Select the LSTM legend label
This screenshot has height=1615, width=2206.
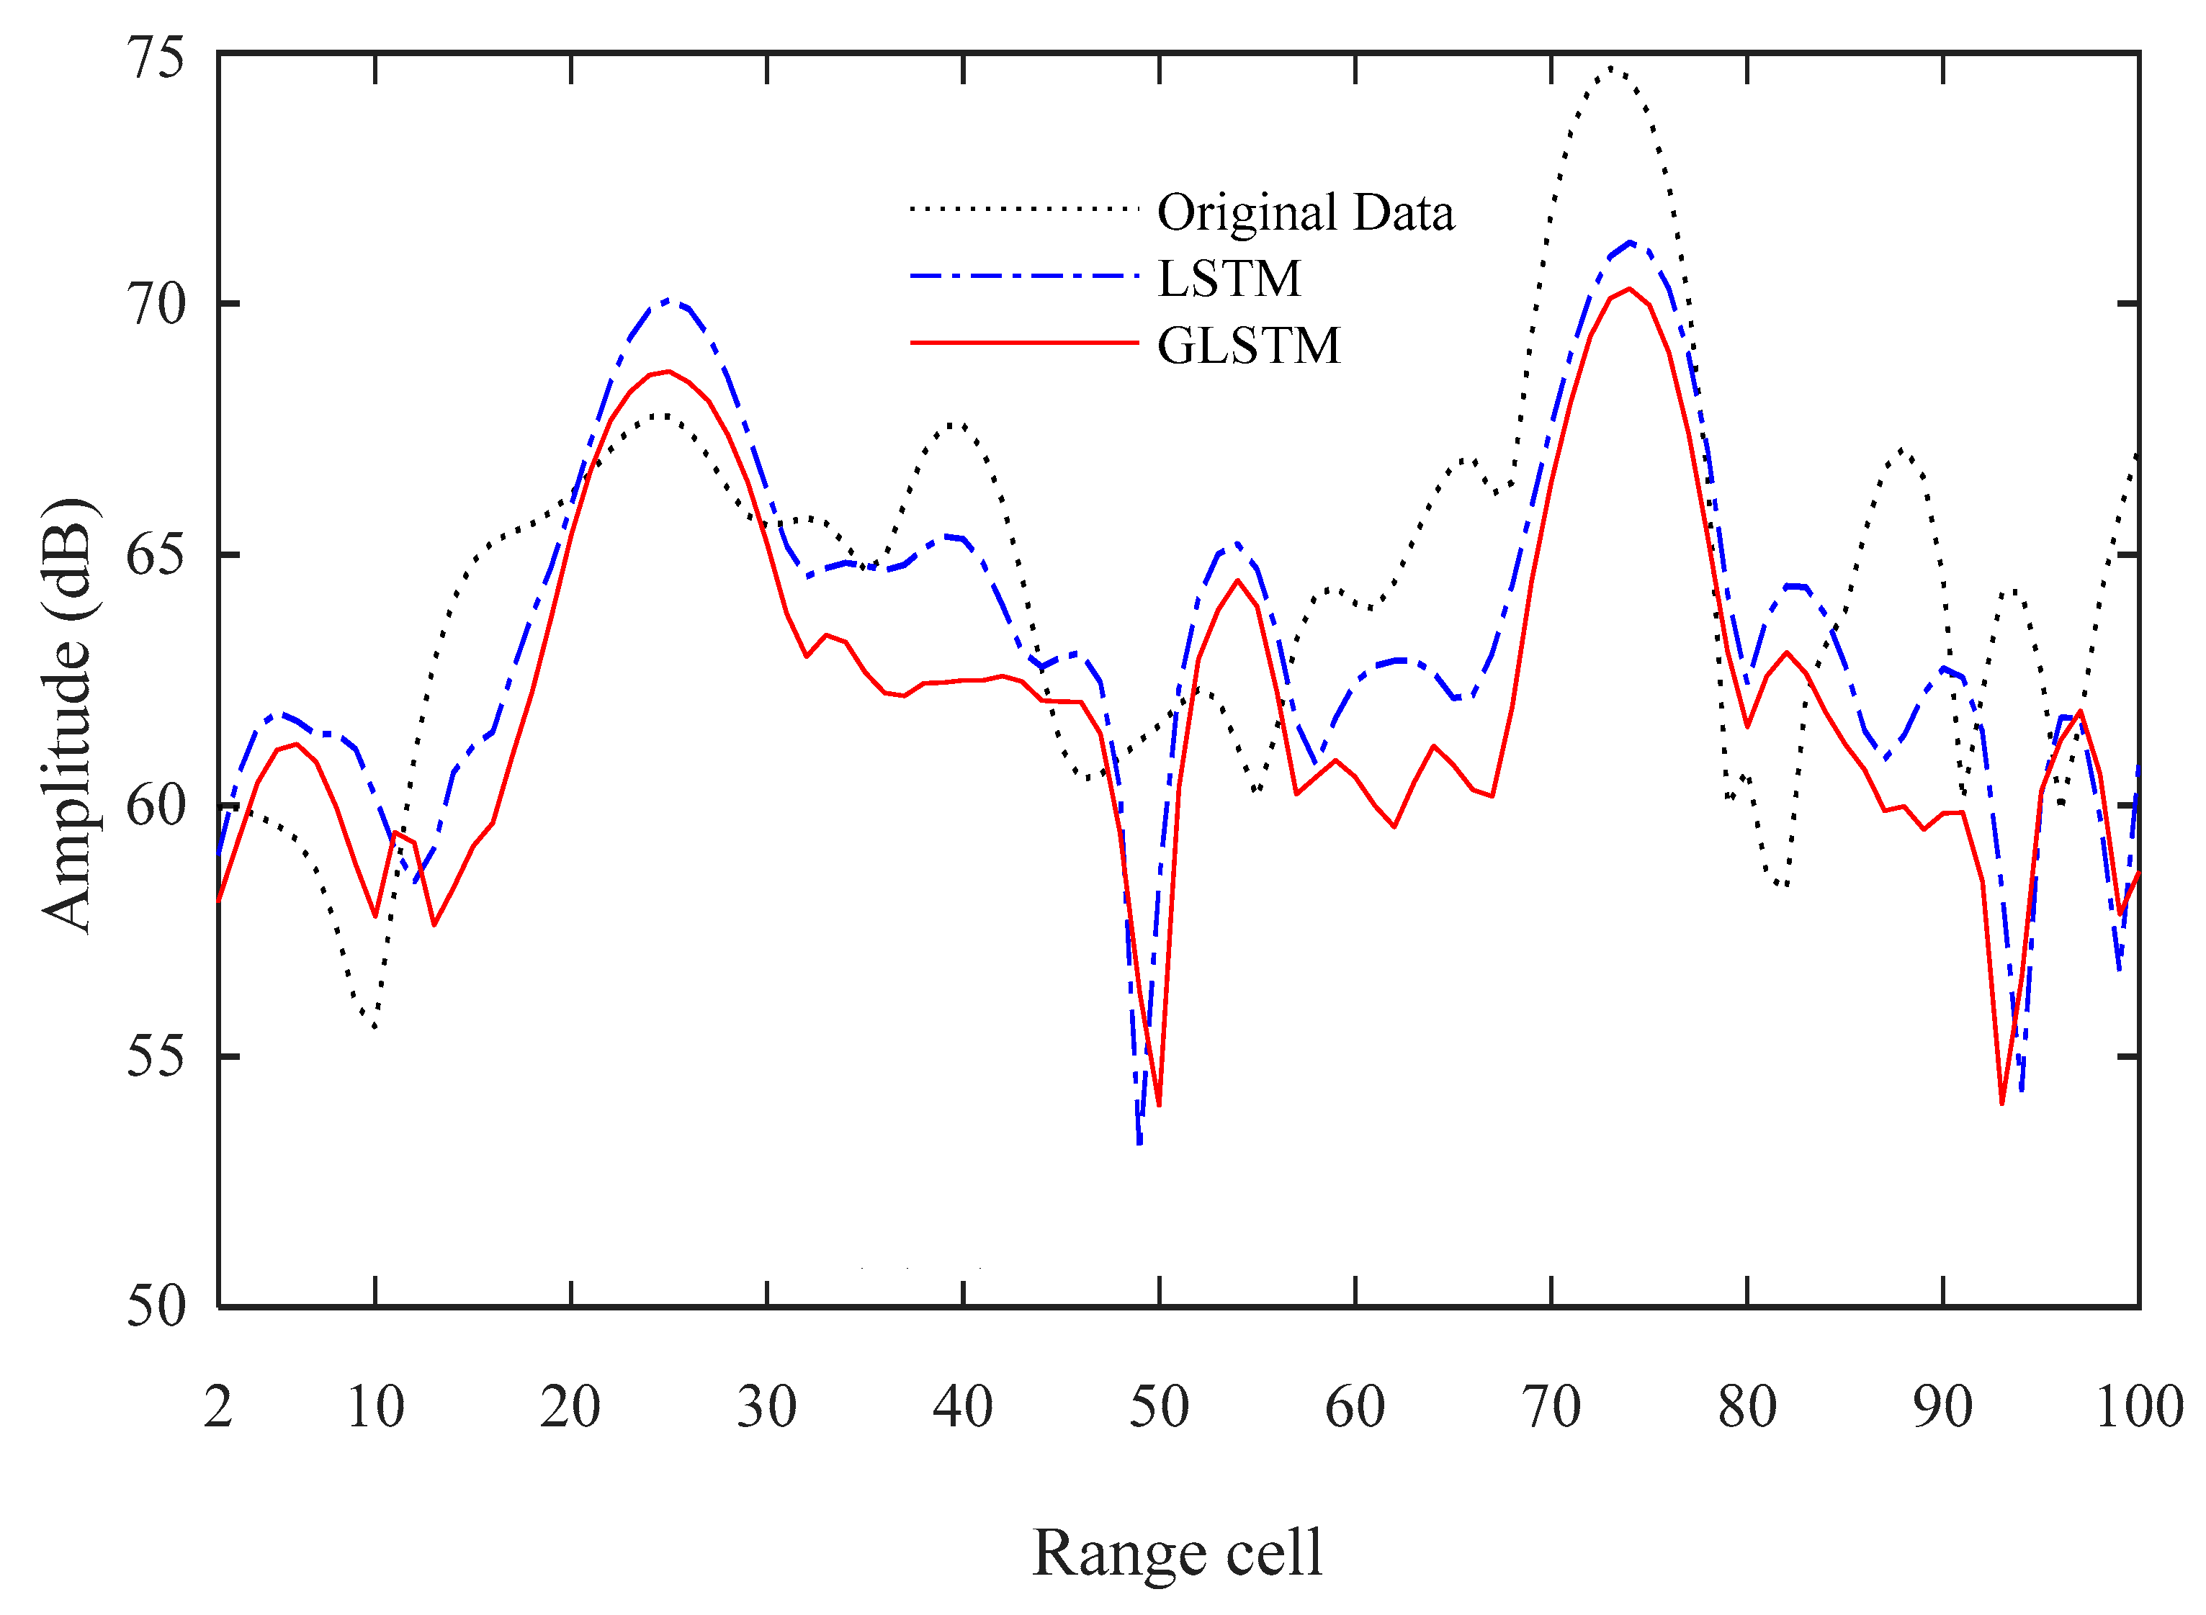click(1229, 279)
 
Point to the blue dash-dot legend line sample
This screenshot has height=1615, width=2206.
click(1024, 276)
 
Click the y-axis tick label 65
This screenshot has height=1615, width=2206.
click(156, 555)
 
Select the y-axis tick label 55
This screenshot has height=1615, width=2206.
click(156, 1056)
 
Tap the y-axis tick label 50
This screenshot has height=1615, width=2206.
click(156, 1306)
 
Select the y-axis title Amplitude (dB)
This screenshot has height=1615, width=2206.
click(68, 716)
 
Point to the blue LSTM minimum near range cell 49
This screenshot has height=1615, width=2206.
click(1139, 1142)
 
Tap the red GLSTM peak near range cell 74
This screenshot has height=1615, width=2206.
click(1629, 289)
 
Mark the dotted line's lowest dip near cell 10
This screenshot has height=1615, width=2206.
click(375, 1027)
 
